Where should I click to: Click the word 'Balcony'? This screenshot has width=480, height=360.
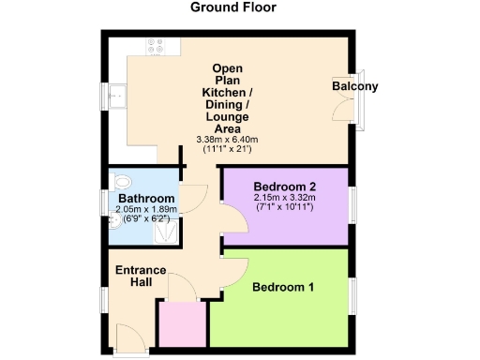355,87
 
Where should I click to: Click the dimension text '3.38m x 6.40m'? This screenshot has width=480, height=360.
226,140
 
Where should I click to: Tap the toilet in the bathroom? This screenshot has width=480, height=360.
122,182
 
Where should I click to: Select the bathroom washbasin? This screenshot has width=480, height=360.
113,221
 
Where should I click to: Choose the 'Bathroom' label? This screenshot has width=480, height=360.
144,200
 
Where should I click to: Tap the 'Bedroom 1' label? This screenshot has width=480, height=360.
283,287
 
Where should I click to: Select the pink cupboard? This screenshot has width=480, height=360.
182,323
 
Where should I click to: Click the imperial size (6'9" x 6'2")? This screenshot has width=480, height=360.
144,218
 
